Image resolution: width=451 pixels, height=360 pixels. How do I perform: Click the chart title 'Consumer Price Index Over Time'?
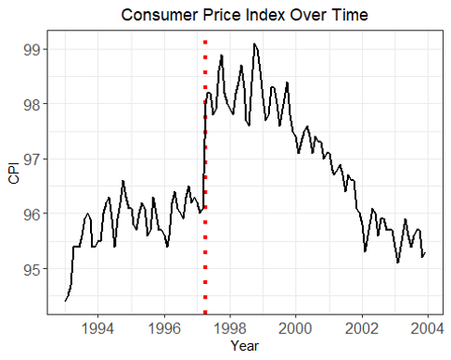[244, 15]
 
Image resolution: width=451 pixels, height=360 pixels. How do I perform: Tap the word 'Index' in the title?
[263, 15]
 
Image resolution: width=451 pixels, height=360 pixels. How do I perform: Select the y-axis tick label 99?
[32, 50]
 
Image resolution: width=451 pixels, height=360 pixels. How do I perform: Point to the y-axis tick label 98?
[32, 104]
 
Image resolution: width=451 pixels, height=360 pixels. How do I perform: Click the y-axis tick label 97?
[32, 159]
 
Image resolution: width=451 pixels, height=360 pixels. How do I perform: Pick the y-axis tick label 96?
[32, 213]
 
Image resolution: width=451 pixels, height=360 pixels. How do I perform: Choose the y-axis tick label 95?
[32, 269]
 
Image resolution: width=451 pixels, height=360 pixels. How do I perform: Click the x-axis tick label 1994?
[97, 328]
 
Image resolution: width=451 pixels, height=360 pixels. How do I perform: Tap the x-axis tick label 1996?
[164, 328]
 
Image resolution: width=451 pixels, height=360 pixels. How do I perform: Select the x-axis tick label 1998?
[230, 328]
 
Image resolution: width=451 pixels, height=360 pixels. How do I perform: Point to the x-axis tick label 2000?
[295, 328]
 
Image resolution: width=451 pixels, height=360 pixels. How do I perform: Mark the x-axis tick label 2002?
[362, 328]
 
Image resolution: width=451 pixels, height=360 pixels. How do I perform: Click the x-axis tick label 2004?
[428, 328]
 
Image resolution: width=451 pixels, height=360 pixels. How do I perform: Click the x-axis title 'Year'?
[245, 346]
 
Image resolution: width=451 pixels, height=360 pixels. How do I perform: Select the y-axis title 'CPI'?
[14, 174]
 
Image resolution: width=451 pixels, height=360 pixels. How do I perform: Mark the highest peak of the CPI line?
[254, 44]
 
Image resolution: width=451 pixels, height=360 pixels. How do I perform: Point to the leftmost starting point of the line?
[65, 301]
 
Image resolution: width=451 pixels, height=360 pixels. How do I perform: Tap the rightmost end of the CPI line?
[425, 253]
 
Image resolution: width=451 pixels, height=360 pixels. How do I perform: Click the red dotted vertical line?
[205, 177]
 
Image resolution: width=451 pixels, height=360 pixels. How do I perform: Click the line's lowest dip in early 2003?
[398, 263]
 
